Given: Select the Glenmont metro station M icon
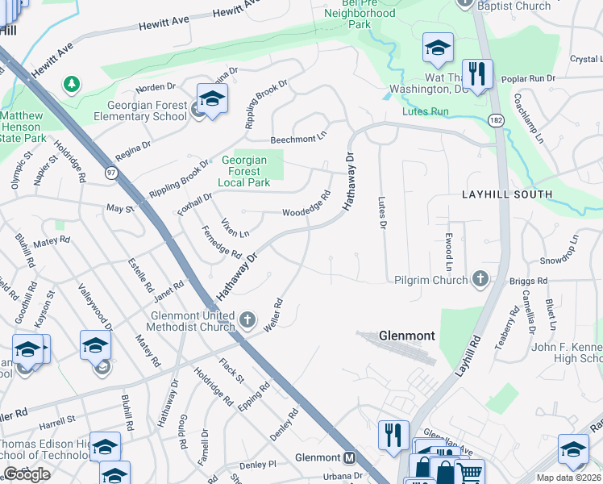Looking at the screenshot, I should click(350, 457).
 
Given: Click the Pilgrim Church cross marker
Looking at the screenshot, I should click(480, 279).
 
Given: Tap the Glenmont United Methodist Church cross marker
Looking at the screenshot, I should click(247, 320).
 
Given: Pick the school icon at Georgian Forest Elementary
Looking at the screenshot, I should click(212, 100).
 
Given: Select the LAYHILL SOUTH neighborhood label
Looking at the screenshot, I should click(507, 194).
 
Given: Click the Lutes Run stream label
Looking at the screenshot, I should click(425, 111).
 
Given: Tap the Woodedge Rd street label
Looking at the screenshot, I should click(307, 206).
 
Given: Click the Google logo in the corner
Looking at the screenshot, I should click(27, 474).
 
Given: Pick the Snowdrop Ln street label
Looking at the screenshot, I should click(559, 250).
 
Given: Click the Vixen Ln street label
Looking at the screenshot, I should click(235, 227).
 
